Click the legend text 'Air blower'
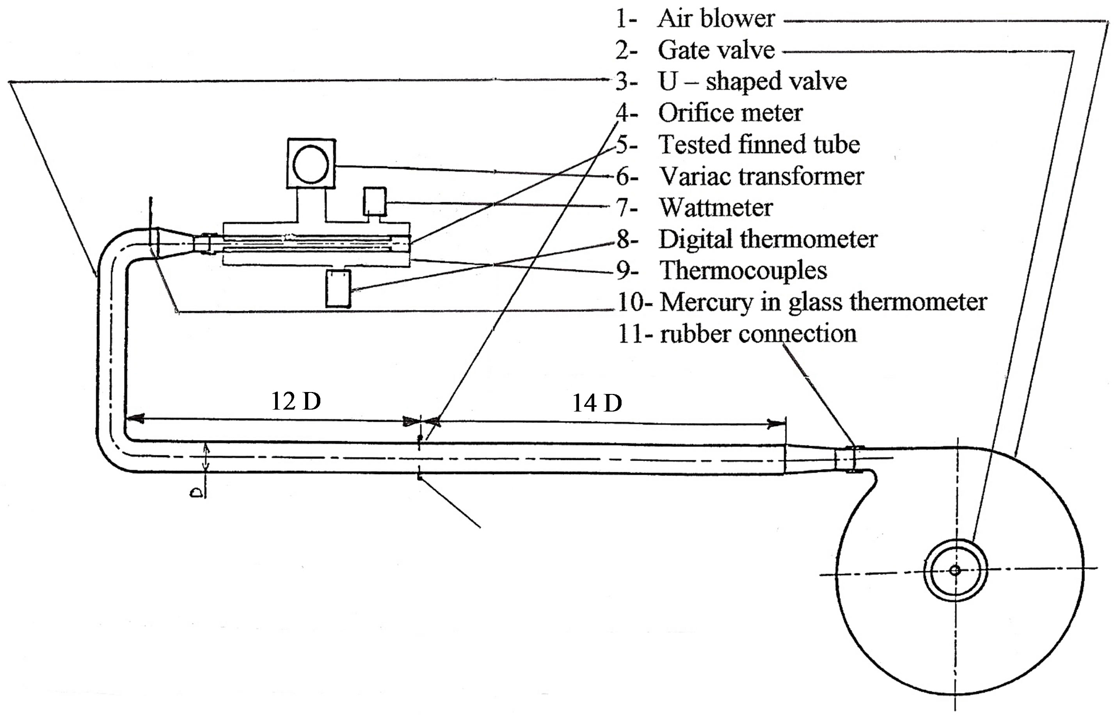pos(716,19)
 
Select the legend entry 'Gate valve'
pos(716,50)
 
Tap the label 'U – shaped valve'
pos(752,81)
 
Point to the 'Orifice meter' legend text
pos(730,113)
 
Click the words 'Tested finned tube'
pos(759,144)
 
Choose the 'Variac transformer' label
pos(762,176)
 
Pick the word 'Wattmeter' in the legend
pos(716,208)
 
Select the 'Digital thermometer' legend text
pos(768,239)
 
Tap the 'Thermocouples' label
pos(743,271)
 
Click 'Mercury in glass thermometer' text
pos(823,302)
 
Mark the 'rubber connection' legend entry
pos(758,334)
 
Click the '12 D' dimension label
pos(296,401)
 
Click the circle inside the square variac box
pos(311,163)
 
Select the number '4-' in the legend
pos(626,113)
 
